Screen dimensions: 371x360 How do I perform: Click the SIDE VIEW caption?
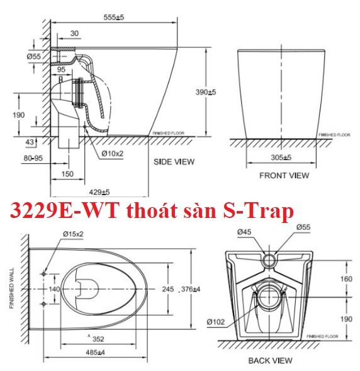[x=174, y=162]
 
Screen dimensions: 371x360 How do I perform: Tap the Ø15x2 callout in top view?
[x=73, y=235]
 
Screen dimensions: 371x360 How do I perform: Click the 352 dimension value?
[x=96, y=338]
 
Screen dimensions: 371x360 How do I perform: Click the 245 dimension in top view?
[x=167, y=289]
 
